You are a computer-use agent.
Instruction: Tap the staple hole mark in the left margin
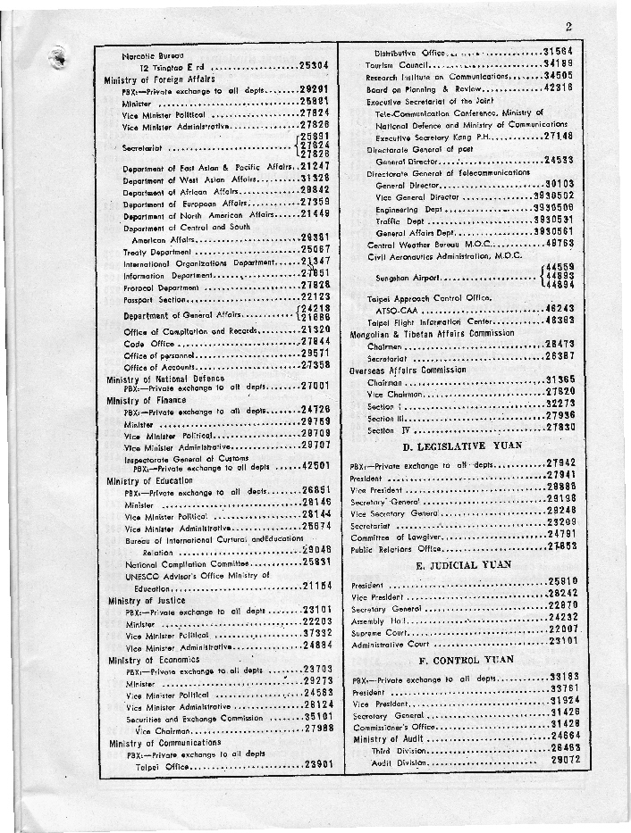pyautogui.click(x=60, y=56)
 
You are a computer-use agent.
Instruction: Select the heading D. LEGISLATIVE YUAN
pyautogui.click(x=457, y=445)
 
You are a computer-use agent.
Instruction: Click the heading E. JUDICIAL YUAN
pyautogui.click(x=463, y=565)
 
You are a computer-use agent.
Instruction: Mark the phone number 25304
pyautogui.click(x=316, y=66)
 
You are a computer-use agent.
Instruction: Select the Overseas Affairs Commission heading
pyautogui.click(x=408, y=370)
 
